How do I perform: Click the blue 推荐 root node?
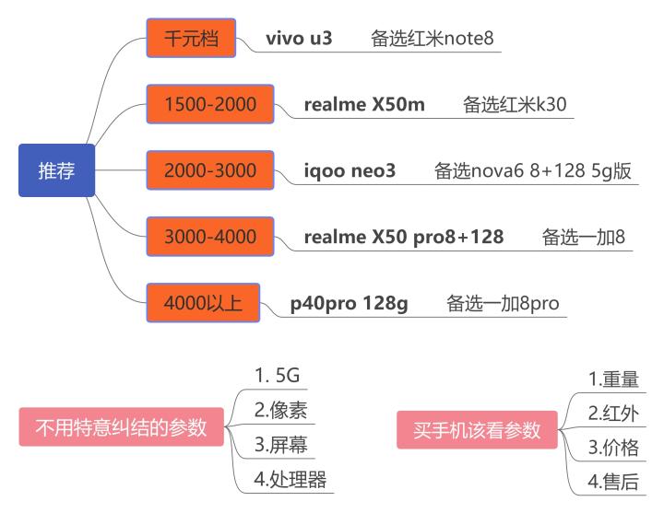click(x=56, y=170)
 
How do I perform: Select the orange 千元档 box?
click(x=192, y=39)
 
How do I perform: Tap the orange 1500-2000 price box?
click(x=210, y=104)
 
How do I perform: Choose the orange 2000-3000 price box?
click(x=210, y=170)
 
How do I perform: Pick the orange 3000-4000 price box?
click(x=210, y=237)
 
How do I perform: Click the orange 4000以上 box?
click(x=203, y=303)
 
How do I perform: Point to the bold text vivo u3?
click(x=299, y=39)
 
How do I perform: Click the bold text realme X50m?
click(x=364, y=104)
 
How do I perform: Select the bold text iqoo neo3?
click(x=350, y=170)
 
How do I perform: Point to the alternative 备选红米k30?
click(x=515, y=104)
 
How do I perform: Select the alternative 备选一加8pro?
click(x=503, y=303)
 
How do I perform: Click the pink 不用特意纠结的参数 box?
click(x=121, y=428)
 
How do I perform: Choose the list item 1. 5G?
click(x=278, y=376)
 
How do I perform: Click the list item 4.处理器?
click(x=290, y=480)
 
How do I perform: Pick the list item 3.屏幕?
click(x=281, y=445)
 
